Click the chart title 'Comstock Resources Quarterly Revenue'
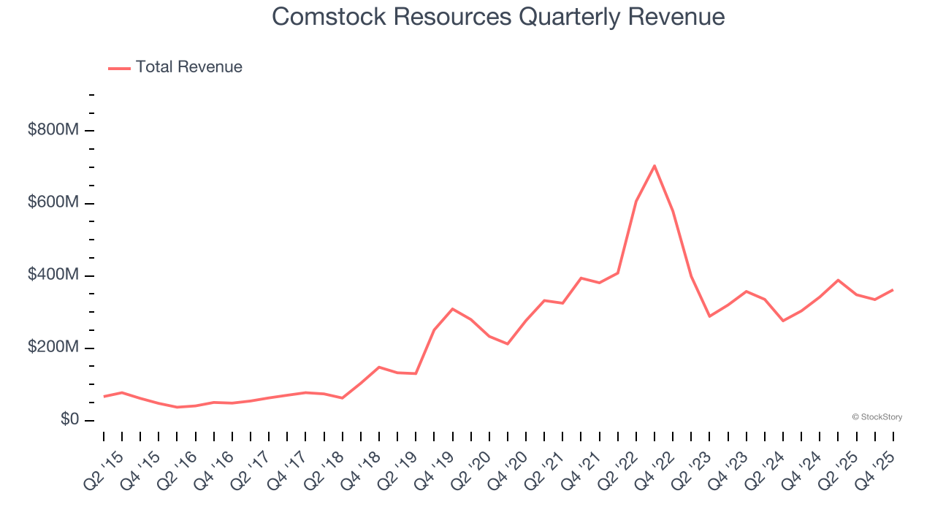(x=498, y=16)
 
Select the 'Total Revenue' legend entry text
(x=188, y=67)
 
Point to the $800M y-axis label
(x=53, y=130)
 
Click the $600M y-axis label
(x=53, y=202)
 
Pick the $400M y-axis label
(x=53, y=275)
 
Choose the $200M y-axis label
(x=53, y=347)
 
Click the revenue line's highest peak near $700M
(x=654, y=166)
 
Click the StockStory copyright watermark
(x=877, y=417)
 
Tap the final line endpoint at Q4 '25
(x=893, y=290)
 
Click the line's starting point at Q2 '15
(x=104, y=396)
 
